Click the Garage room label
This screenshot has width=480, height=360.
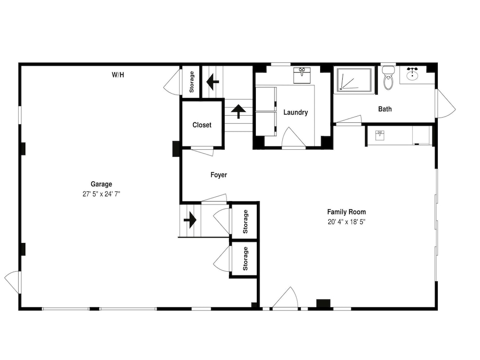[x=101, y=184]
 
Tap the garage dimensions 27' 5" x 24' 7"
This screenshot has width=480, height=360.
[x=101, y=194]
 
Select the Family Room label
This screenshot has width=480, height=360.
[x=347, y=212]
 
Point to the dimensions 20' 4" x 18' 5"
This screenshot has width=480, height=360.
[x=347, y=222]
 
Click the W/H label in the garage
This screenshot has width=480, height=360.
[x=118, y=75]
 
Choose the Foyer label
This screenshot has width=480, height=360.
[x=219, y=175]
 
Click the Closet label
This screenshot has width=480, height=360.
[x=202, y=125]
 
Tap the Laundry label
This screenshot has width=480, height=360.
[x=296, y=112]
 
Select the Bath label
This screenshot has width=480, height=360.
[x=385, y=109]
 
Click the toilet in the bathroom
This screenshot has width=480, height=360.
[x=388, y=78]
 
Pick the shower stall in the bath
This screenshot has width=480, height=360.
[x=355, y=80]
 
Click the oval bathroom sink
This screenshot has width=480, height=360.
[x=412, y=74]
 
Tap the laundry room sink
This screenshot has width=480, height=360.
[x=302, y=75]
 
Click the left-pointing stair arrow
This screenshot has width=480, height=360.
[x=213, y=82]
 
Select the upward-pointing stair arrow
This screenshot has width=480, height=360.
[x=239, y=111]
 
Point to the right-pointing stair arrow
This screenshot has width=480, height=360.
[x=190, y=220]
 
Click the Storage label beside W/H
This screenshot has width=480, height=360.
[x=192, y=82]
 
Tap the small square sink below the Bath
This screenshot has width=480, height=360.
[x=380, y=135]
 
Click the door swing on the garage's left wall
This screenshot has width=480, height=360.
[x=12, y=282]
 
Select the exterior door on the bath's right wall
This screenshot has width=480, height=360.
[x=446, y=104]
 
